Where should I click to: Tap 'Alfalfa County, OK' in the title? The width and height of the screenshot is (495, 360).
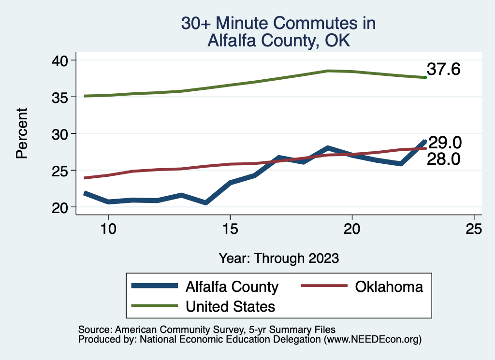click(278, 41)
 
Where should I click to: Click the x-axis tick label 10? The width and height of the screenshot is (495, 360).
click(108, 229)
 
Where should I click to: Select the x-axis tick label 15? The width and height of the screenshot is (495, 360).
click(230, 229)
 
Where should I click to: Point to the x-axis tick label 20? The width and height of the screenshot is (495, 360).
click(352, 229)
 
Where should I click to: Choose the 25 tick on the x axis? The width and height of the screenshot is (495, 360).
click(474, 229)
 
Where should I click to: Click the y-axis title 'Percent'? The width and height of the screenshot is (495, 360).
click(21, 133)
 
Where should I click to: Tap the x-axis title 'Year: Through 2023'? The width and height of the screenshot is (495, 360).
click(278, 258)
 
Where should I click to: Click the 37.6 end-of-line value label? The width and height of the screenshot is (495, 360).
click(443, 70)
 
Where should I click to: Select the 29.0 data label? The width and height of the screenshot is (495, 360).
click(445, 143)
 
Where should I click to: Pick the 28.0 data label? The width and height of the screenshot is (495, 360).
click(443, 159)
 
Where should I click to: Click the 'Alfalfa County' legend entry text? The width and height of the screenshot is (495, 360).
click(232, 287)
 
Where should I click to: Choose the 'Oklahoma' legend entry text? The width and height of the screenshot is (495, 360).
click(389, 287)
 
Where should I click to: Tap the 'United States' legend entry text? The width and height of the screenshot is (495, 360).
click(230, 306)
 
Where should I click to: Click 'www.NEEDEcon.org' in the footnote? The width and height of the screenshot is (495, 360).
click(372, 340)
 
